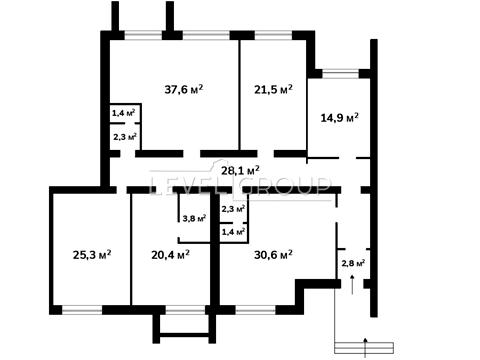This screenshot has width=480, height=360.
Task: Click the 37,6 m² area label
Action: [184, 89]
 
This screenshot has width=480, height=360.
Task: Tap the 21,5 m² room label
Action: [273, 89]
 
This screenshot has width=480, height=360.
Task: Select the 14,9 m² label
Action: [339, 117]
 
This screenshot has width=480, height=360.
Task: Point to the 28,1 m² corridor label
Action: [240, 171]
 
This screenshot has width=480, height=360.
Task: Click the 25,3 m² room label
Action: [92, 255]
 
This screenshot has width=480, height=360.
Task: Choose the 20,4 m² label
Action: [170, 255]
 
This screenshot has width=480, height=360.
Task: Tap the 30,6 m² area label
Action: [273, 255]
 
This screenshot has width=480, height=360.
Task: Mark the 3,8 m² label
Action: [194, 219]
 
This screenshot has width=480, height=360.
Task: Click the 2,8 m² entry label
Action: [353, 263]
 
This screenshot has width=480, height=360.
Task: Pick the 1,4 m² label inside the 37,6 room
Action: [123, 113]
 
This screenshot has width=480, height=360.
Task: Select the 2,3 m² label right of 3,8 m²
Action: [233, 209]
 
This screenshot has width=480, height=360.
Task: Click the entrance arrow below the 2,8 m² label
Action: [352, 285]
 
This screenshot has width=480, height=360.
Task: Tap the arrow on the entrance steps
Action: [366, 347]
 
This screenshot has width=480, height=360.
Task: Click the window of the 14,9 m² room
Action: [340, 73]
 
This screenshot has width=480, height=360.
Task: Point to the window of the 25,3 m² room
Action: [82, 310]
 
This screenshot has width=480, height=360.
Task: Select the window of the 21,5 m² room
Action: [274, 35]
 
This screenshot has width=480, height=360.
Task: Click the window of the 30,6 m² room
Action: [255, 310]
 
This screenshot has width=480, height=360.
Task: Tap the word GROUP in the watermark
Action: [286, 184]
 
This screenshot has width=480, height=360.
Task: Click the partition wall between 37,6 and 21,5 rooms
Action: [239, 95]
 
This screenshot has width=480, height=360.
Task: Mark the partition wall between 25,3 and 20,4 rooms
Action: [131, 249]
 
